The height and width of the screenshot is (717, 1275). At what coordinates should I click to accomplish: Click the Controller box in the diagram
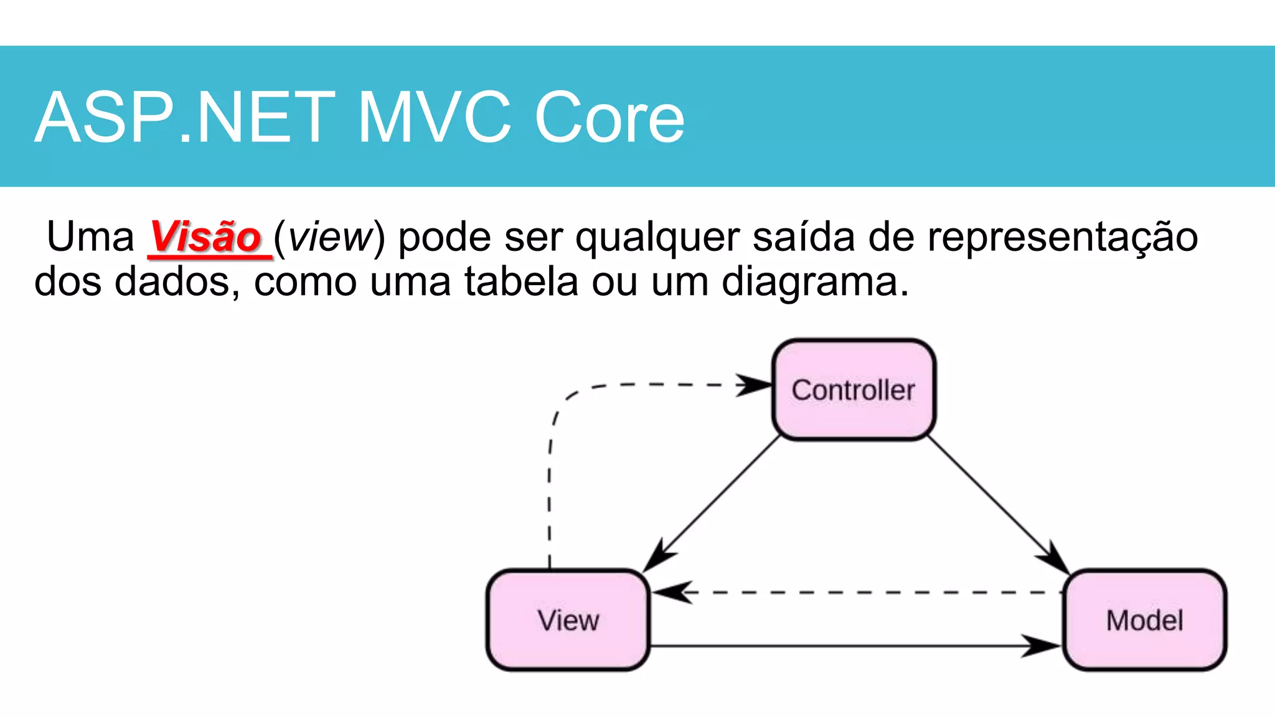[x=854, y=390]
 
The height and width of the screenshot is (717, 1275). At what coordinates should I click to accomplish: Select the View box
[x=568, y=620]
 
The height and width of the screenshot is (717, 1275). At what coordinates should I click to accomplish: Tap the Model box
[x=1144, y=620]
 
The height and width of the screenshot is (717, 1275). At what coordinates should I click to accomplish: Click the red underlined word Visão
[x=206, y=237]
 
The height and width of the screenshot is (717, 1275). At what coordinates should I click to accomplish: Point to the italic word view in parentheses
[x=330, y=238]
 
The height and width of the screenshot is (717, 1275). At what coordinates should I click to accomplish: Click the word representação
[x=1062, y=238]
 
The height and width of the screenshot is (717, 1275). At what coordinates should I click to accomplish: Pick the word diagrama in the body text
[x=815, y=282]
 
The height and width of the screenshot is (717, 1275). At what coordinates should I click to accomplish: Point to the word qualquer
[x=657, y=238]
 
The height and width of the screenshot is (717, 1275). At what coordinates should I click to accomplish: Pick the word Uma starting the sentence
[x=90, y=238]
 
